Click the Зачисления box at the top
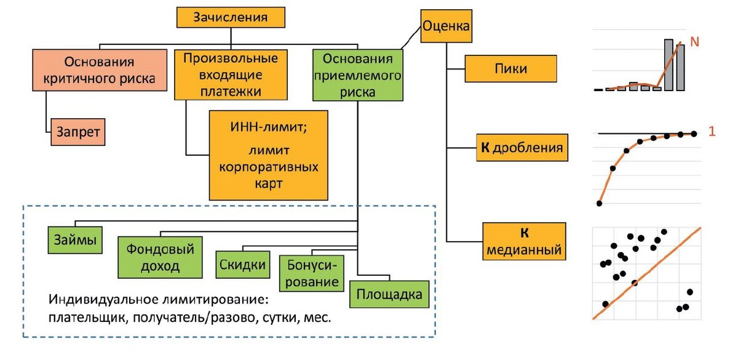point(231,17)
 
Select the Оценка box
point(446,26)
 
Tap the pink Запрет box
point(77,131)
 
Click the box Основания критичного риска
point(100,71)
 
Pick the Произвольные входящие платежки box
point(231,74)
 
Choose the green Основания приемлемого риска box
point(357,74)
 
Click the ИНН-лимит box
point(269,154)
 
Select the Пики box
point(510,68)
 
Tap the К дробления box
point(522,148)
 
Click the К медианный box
point(524,242)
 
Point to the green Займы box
point(75,240)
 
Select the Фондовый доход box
point(160,257)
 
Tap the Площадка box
point(389,294)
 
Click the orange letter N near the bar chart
point(695,42)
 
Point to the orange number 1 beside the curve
point(712,131)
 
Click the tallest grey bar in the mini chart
point(669,65)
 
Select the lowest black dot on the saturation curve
point(599,203)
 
